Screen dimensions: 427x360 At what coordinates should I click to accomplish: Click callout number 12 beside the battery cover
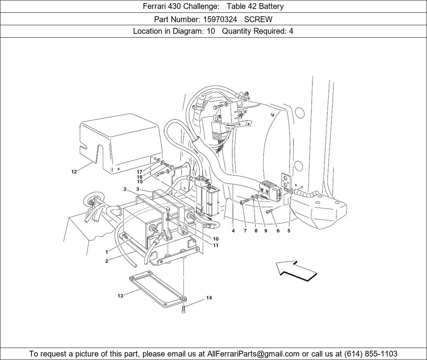tap(74, 172)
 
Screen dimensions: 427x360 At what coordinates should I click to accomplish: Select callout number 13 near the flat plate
tap(120, 296)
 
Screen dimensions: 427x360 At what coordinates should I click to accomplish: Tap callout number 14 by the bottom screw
tap(209, 298)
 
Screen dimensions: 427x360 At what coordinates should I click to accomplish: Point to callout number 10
tap(216, 239)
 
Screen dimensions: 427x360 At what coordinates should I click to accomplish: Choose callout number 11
tap(216, 246)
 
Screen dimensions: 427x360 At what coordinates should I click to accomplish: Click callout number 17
tap(139, 172)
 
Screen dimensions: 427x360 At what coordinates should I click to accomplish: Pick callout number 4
tap(233, 231)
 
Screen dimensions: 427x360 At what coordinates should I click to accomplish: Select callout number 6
tap(278, 231)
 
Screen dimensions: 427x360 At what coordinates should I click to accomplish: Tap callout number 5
tap(289, 231)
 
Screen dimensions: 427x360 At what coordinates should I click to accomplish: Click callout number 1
tap(107, 252)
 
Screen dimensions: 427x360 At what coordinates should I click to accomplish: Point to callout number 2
tap(107, 261)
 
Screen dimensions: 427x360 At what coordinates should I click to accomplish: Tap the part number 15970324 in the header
tap(220, 19)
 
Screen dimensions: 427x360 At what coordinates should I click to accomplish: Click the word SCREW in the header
tap(258, 19)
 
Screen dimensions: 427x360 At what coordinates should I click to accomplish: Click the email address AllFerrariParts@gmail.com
tap(253, 354)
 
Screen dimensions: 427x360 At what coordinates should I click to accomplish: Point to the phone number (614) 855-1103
tap(371, 354)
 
